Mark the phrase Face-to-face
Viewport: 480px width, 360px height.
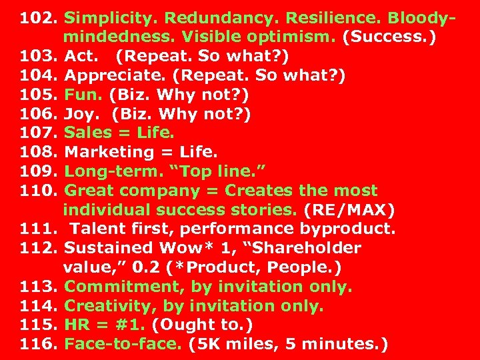coord(122,345)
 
